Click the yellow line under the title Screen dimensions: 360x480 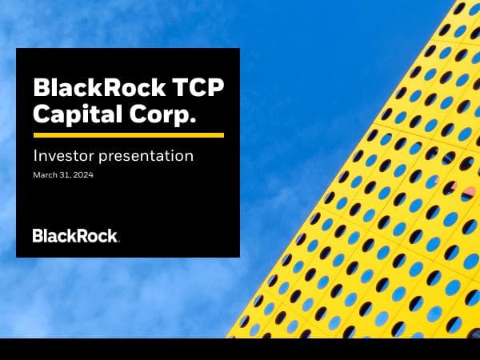(128, 135)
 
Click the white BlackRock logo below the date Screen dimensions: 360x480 (75, 235)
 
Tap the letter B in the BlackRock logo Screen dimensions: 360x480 (37, 235)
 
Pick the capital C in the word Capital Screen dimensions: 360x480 (40, 114)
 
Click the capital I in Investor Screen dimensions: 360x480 (34, 156)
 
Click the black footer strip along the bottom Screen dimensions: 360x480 (240, 349)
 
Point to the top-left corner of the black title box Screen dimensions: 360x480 (17, 49)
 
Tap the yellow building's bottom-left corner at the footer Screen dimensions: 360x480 (227, 336)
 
